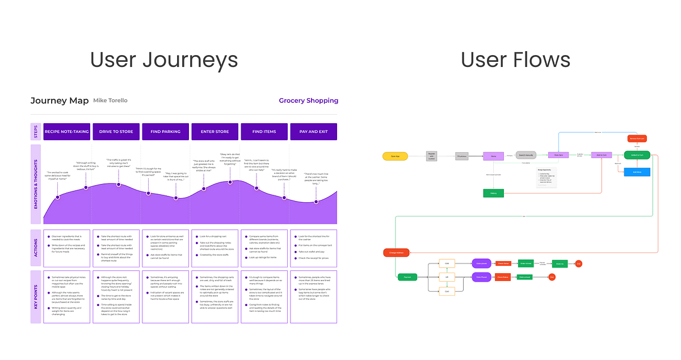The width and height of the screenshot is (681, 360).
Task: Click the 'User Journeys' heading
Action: click(164, 60)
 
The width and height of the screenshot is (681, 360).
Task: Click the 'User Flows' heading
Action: click(515, 60)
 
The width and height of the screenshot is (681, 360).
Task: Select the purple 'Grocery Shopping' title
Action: click(308, 101)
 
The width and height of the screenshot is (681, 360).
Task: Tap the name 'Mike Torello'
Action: click(110, 101)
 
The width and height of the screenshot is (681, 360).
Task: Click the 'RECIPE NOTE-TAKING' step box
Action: click(66, 132)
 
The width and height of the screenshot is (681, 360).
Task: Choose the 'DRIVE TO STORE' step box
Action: click(116, 132)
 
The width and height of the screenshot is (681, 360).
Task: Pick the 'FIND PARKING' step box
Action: click(165, 132)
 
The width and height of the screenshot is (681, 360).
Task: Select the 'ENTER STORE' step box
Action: click(215, 132)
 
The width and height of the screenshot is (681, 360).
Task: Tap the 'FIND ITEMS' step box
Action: click(264, 132)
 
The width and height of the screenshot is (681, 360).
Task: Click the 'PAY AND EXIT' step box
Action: click(313, 132)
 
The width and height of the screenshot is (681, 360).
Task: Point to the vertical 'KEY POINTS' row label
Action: click(36, 297)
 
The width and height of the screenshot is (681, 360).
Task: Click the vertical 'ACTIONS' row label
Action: click(36, 248)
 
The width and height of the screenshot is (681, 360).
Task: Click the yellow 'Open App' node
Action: click(396, 155)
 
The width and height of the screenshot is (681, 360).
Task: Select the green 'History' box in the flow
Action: click(494, 193)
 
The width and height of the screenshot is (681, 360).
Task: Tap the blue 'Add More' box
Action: click(637, 171)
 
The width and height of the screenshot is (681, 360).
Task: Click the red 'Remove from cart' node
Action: click(637, 139)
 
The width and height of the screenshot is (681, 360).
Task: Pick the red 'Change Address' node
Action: click(397, 253)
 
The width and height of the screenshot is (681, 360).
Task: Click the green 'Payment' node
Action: click(407, 277)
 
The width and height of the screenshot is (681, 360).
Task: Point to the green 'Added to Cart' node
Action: click(637, 154)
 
